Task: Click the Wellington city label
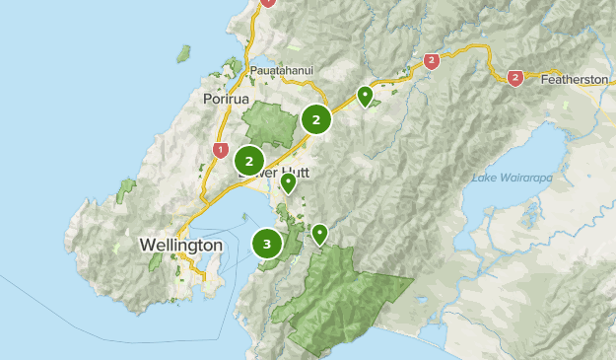point(180,244)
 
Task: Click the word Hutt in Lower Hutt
point(296,173)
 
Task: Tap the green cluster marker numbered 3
point(267,244)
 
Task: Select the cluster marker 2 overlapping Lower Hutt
point(250,160)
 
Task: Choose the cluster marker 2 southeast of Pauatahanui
point(316,120)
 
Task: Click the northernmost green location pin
point(365,95)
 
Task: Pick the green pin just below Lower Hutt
point(288,181)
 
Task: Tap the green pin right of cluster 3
point(319,233)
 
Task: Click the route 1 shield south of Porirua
point(219,150)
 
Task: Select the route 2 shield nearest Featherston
point(514,77)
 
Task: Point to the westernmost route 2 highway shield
point(431,61)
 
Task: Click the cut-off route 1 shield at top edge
point(267,3)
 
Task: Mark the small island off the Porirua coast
point(182,52)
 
